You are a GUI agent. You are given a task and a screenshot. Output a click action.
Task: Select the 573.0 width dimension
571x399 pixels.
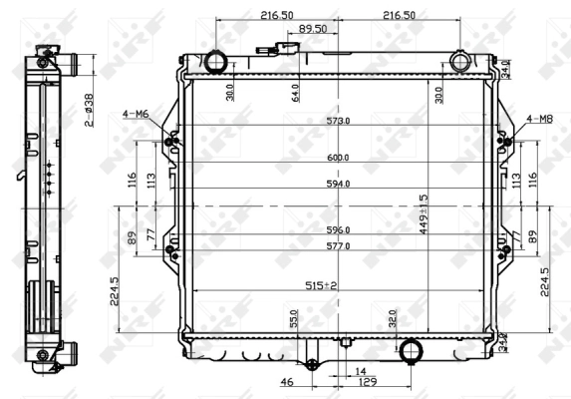(339, 121)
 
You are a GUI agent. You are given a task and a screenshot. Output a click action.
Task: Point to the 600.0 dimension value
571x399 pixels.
(339, 158)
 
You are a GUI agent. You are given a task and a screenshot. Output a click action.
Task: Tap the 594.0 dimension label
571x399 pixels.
(339, 184)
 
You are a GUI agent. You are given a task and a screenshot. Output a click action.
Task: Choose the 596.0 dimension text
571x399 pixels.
(339, 229)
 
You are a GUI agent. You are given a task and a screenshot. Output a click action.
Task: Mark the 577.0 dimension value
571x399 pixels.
(339, 244)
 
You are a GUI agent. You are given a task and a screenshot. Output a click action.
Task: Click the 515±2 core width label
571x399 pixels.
(321, 285)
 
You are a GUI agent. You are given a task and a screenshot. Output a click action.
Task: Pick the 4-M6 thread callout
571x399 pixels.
(136, 116)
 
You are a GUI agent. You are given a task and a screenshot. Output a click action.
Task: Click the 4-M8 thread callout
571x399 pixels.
(539, 119)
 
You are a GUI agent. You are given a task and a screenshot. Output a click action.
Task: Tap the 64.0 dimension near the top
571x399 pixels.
(295, 93)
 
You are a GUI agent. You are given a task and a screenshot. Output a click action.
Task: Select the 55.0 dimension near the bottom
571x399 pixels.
(294, 318)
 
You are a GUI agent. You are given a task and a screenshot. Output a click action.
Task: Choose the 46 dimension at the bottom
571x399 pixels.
(287, 382)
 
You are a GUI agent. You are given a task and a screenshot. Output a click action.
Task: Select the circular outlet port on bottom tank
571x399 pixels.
(410, 351)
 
